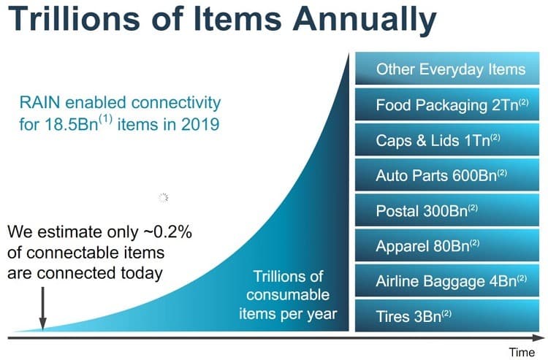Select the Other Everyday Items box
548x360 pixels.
447,69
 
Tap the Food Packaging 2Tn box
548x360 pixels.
447,104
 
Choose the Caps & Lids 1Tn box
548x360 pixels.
447,139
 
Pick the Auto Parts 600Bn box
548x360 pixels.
447,175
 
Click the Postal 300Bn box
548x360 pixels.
447,210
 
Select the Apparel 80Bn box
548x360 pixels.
447,245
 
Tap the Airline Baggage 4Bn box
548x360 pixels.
447,280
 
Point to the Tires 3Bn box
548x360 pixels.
447,315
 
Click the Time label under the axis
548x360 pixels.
522,352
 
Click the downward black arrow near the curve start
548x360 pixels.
42,308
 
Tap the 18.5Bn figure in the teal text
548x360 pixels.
72,124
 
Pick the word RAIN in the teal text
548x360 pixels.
40,103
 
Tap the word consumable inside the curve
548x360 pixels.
288,295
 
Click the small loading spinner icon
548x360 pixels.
163,198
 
